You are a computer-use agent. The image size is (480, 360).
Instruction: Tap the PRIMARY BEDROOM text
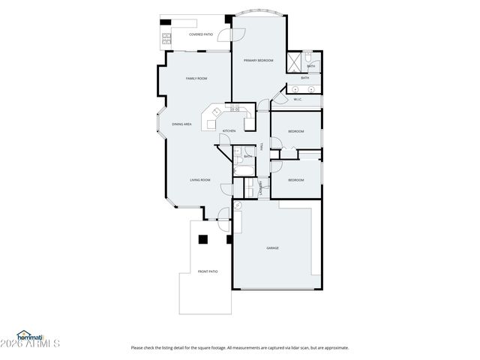click(x=258, y=60)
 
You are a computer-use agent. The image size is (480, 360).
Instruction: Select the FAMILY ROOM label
click(x=196, y=78)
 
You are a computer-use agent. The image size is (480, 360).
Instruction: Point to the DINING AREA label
click(x=182, y=124)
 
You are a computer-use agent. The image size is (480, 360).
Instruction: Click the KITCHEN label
click(x=229, y=131)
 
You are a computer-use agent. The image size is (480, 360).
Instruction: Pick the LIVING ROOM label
click(x=199, y=180)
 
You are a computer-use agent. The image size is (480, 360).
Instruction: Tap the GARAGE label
click(x=272, y=247)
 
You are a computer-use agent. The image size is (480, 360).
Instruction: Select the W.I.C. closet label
click(x=297, y=99)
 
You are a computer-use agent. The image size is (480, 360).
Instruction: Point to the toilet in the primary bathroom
click(x=313, y=60)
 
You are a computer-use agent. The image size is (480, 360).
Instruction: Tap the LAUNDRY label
click(x=260, y=188)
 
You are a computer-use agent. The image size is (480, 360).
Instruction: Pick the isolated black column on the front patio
click(x=202, y=240)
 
